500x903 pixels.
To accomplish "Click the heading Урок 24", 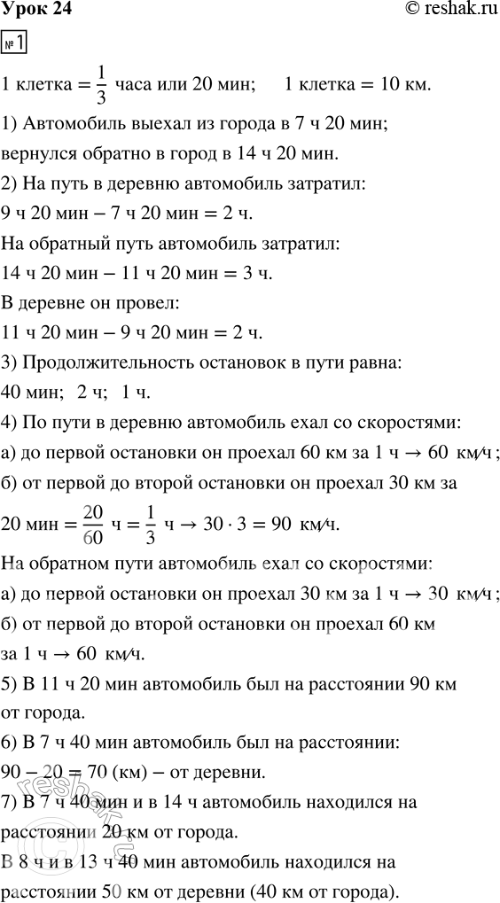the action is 36,10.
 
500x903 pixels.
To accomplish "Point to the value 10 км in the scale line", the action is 403,84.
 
